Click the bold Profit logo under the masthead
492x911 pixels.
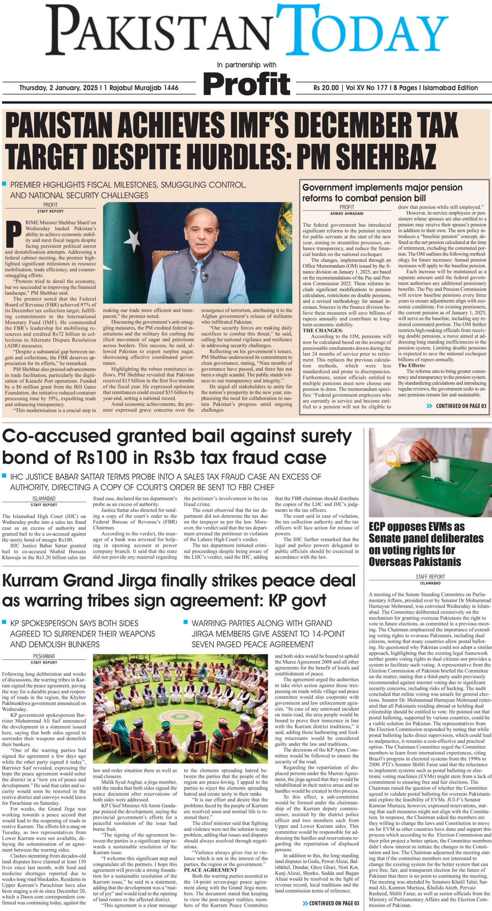pyautogui.click(x=247, y=84)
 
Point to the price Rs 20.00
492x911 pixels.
pyautogui.click(x=326, y=88)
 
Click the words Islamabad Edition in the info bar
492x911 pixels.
pyautogui.click(x=450, y=88)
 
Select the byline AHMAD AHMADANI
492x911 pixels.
pyautogui.click(x=347, y=214)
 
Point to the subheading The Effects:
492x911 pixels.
pyautogui.click(x=411, y=365)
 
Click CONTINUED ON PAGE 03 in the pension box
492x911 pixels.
pyautogui.click(x=461, y=406)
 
